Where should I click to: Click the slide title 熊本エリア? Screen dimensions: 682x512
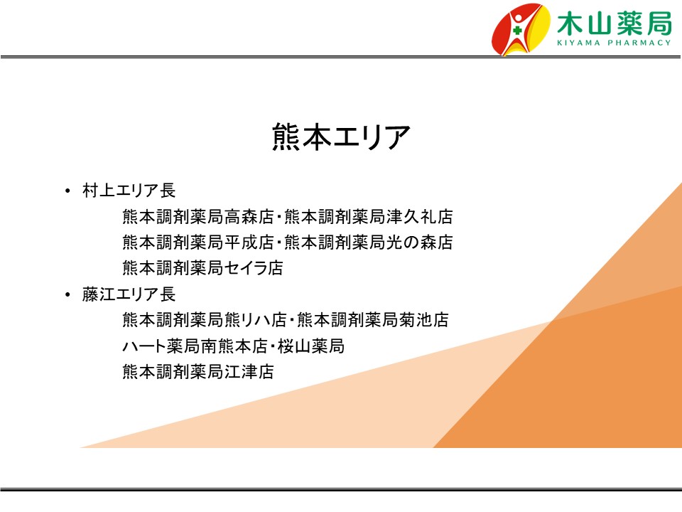click(341, 137)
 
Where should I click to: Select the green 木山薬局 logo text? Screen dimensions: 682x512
click(614, 23)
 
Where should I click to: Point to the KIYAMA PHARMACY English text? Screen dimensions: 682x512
click(614, 43)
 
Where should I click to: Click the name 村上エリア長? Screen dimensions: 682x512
click(129, 191)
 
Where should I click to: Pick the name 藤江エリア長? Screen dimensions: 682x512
click(129, 294)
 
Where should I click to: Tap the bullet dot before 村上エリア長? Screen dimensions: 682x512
click(67, 191)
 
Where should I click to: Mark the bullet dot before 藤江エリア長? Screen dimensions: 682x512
click(67, 294)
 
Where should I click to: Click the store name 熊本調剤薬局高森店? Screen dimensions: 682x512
click(198, 216)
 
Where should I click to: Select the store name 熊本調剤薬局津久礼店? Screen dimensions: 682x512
click(369, 216)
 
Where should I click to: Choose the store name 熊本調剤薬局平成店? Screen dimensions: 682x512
click(198, 242)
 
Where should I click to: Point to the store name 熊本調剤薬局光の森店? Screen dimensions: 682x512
click(369, 242)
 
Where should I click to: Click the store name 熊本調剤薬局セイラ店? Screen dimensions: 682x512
click(202, 268)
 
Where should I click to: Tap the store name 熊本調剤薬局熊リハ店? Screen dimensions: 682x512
click(205, 320)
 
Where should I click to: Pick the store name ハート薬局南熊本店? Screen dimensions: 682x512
click(195, 346)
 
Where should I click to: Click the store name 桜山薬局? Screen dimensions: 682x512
click(311, 346)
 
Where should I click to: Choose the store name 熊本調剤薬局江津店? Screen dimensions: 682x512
click(198, 372)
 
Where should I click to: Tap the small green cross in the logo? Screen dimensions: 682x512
click(517, 31)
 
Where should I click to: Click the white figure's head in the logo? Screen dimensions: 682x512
click(519, 19)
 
